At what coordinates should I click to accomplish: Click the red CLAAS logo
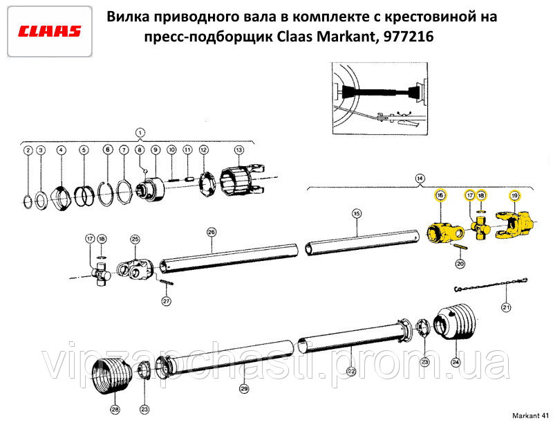[49, 31]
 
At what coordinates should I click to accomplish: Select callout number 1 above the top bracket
[140, 133]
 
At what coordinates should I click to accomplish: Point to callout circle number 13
[239, 150]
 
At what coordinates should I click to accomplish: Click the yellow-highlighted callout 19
[514, 195]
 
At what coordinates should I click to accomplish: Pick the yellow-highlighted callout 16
[440, 195]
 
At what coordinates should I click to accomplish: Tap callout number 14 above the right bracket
[420, 179]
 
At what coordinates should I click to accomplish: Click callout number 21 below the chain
[506, 307]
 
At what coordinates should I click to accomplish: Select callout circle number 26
[212, 232]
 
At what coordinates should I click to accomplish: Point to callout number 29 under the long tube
[244, 389]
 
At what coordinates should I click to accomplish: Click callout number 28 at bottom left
[115, 410]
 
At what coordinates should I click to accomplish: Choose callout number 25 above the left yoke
[135, 239]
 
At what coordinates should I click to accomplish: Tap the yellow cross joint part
[480, 228]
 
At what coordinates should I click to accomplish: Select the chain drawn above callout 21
[490, 285]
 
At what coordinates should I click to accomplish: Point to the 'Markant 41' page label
[530, 415]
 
